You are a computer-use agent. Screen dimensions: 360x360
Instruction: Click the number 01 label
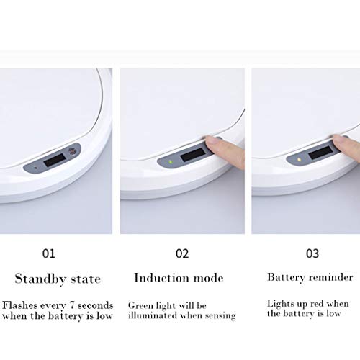48,253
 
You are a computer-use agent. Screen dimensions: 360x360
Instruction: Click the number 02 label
182,253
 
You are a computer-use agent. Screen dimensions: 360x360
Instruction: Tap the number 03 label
312,253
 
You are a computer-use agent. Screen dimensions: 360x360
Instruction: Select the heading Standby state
58,279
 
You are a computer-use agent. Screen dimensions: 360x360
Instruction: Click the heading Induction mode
179,278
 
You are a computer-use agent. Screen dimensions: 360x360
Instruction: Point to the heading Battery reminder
310,277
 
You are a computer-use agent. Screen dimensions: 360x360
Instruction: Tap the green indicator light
171,161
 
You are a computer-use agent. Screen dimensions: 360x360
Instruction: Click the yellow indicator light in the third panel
299,159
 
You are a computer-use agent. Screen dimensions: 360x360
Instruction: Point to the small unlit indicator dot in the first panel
36,168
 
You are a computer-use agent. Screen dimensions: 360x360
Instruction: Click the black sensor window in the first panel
55,160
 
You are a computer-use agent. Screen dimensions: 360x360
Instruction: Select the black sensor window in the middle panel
192,155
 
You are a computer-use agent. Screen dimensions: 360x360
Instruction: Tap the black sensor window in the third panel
320,152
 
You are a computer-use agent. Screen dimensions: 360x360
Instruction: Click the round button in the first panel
71,151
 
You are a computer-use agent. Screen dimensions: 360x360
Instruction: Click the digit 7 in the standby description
72,305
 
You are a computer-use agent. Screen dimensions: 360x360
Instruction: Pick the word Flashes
20,305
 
